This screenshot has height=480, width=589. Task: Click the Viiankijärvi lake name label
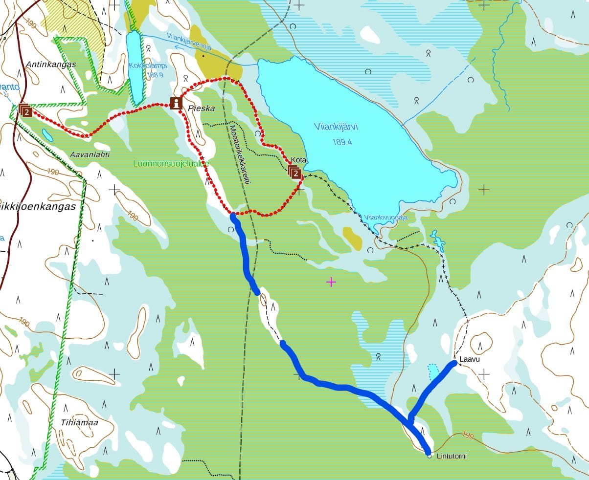336,127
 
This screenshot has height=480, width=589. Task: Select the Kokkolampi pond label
148,65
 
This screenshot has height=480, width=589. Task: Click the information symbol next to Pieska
176,103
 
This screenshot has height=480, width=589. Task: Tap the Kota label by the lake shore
298,160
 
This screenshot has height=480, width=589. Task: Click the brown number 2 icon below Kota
295,173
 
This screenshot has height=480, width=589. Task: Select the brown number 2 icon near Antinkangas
26,111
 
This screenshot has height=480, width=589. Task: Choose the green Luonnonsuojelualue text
171,164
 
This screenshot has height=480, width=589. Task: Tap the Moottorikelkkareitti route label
240,154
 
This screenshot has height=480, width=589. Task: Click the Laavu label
470,359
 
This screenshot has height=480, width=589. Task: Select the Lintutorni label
451,456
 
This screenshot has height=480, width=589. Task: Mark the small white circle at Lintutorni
430,456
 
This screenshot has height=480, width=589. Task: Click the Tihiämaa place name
80,422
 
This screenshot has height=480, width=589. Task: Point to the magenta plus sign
331,282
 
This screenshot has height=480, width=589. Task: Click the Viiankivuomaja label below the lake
386,218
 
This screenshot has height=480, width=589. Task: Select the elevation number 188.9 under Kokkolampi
154,75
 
